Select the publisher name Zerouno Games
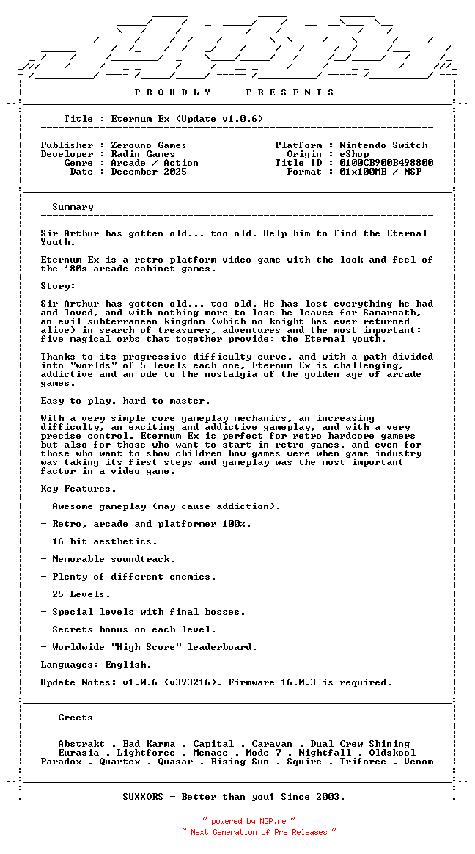(x=149, y=145)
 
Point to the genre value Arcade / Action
(x=155, y=163)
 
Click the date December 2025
(x=149, y=172)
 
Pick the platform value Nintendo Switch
(x=383, y=145)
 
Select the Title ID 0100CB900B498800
(x=386, y=163)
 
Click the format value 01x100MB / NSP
(x=380, y=172)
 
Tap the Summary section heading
(x=73, y=207)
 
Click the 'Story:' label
(x=58, y=286)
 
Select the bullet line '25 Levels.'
(x=76, y=594)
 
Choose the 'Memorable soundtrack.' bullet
(x=108, y=559)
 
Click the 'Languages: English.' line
(x=96, y=665)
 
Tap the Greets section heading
(x=76, y=718)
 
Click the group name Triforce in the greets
(x=363, y=762)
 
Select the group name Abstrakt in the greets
(x=81, y=744)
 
